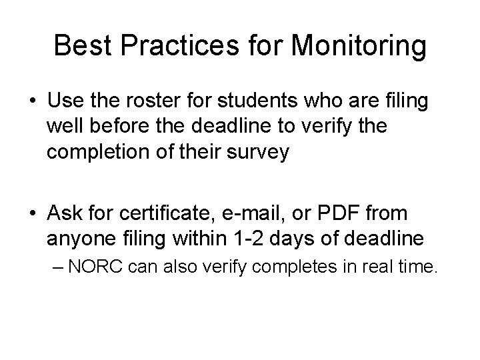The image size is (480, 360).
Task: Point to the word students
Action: point(253,104)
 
